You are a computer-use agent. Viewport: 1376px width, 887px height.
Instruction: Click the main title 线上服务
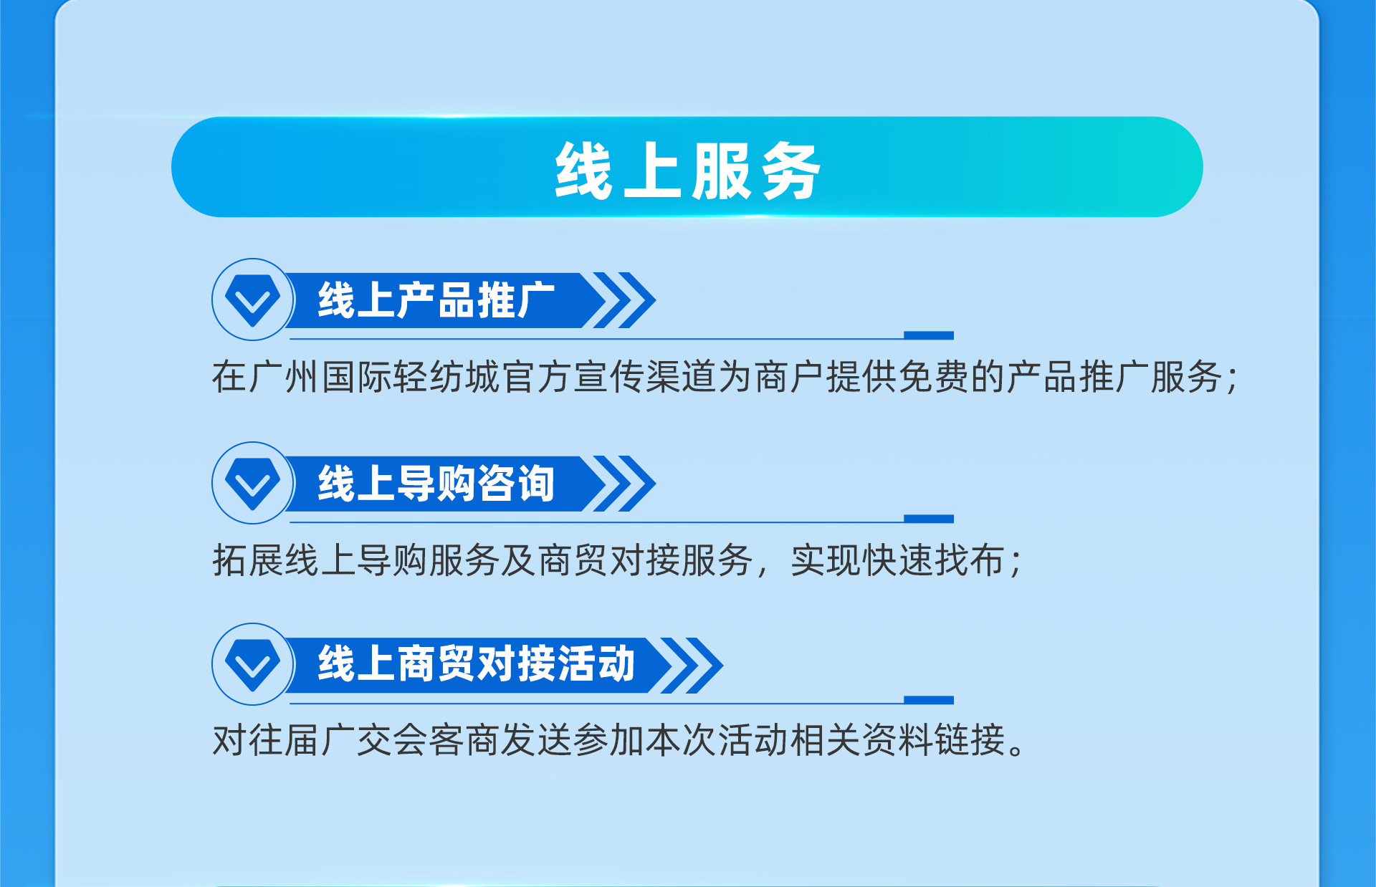[687, 171]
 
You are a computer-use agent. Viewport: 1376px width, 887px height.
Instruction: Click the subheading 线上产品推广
[436, 300]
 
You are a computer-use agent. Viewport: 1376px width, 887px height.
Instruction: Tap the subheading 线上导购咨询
[436, 484]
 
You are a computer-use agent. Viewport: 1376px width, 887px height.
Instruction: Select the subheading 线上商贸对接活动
[477, 664]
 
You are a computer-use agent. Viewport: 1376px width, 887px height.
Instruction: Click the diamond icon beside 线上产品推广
[252, 300]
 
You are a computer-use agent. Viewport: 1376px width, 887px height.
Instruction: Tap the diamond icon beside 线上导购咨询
[252, 484]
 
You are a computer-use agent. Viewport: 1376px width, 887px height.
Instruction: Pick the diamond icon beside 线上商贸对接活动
[252, 665]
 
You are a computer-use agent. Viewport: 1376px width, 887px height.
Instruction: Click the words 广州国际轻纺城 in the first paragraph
[374, 377]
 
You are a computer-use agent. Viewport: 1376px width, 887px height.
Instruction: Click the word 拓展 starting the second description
[248, 560]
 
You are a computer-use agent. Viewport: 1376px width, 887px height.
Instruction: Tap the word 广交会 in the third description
[374, 740]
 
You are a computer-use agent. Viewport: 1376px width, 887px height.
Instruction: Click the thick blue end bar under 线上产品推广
[929, 335]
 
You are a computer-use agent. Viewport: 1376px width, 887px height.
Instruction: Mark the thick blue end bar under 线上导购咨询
[929, 519]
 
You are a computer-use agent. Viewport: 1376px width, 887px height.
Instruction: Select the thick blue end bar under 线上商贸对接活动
[929, 700]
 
